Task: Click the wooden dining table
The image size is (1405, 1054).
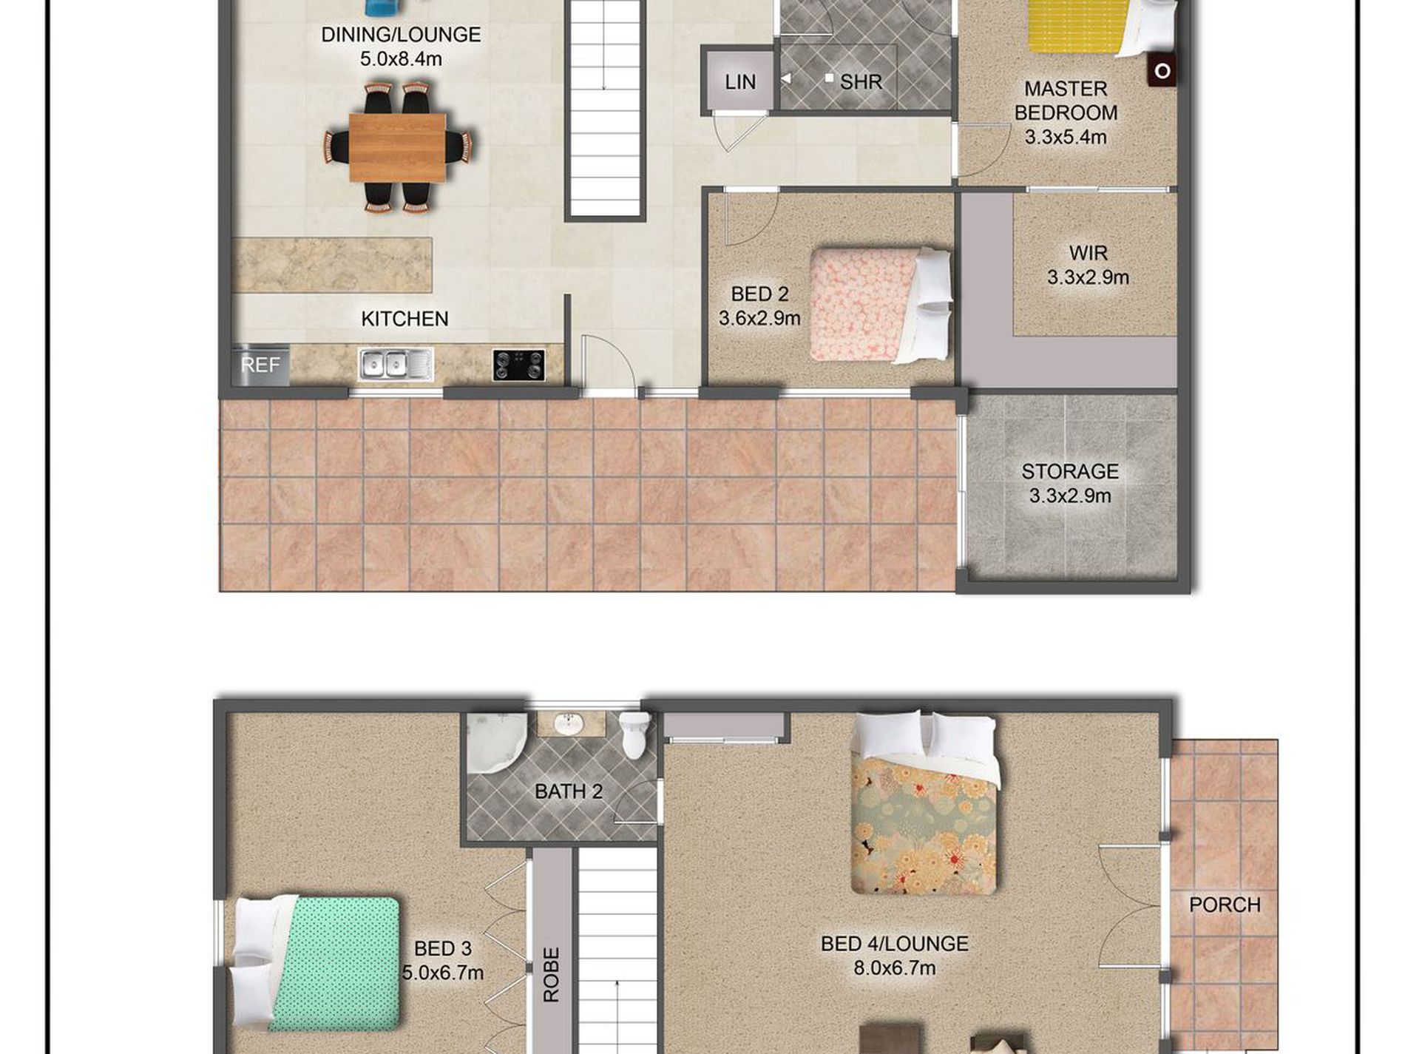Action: [397, 147]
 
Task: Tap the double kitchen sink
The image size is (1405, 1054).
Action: [396, 365]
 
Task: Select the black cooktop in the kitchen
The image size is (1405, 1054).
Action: [519, 365]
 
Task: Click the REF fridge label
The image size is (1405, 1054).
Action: [260, 365]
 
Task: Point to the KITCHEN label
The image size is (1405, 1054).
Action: [404, 319]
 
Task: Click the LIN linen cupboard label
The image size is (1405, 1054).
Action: [740, 82]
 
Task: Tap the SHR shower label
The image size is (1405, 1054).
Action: [861, 82]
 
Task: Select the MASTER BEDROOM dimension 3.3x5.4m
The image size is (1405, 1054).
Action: [1066, 137]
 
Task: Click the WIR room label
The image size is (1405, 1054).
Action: [1088, 253]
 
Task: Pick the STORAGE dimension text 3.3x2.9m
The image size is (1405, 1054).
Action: [1070, 496]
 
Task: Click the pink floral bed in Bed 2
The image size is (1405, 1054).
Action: [880, 305]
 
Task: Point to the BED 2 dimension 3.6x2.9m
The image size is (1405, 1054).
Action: [759, 318]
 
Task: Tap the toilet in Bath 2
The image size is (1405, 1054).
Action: [634, 734]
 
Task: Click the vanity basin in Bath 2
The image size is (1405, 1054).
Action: [569, 724]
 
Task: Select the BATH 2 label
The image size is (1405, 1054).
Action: [569, 791]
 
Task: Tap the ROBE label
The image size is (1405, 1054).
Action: [552, 975]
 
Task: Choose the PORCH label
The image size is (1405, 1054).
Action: [1225, 905]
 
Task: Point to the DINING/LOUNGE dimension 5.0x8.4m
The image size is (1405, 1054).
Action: [401, 58]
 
